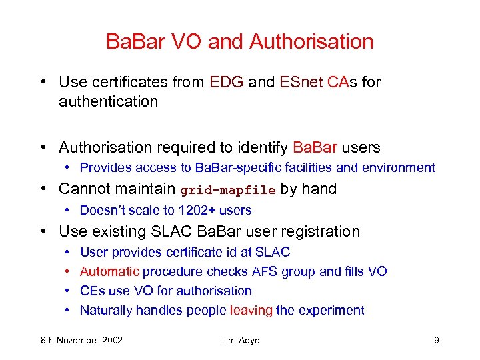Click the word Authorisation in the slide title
point(311,41)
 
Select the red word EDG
point(227,82)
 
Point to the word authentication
point(108,102)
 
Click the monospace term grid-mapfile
point(228,190)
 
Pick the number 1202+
point(191,211)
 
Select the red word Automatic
point(110,271)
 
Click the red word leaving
point(251,310)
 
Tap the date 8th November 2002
point(81,341)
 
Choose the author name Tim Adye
point(240,341)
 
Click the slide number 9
point(436,341)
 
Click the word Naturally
point(106,310)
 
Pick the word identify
point(258,147)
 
